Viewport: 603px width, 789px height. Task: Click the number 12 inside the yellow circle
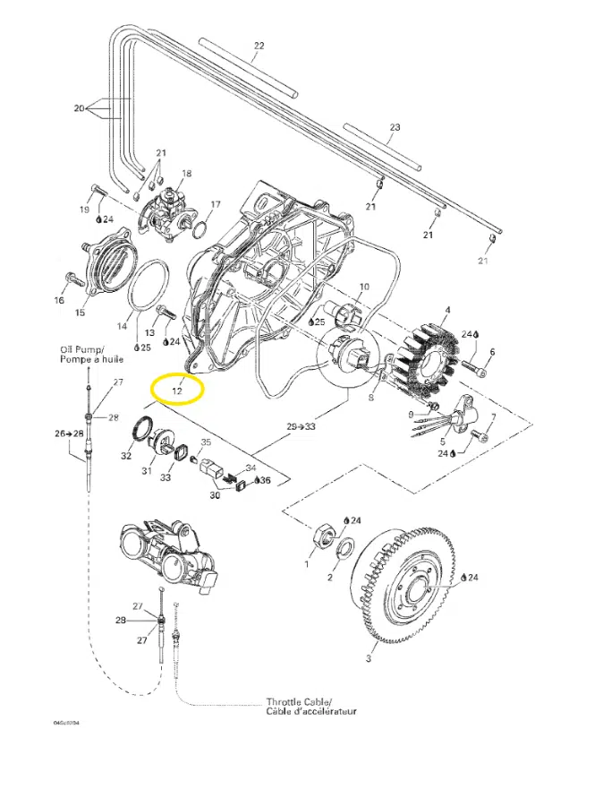pos(177,390)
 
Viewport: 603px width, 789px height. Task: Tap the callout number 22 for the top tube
pos(259,45)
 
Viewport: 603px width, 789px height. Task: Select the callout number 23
pos(395,127)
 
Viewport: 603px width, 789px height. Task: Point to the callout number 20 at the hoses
pos(79,108)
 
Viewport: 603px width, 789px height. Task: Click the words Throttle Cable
pos(299,701)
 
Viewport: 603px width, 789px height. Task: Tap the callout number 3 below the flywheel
pos(368,660)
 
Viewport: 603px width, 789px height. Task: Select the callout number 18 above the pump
pos(187,173)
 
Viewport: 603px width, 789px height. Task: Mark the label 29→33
pos(303,426)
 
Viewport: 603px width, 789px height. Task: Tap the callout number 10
pos(363,287)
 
